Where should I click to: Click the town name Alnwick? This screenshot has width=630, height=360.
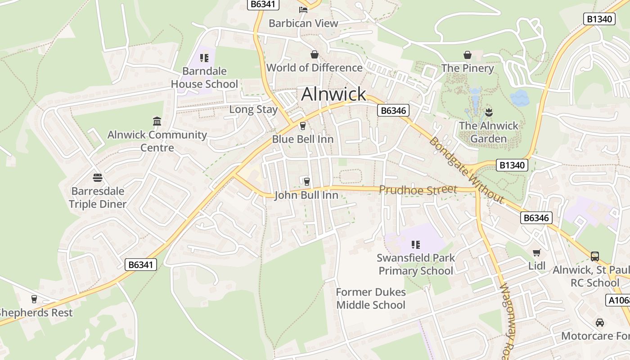click(333, 94)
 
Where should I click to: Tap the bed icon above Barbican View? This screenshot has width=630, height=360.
click(303, 9)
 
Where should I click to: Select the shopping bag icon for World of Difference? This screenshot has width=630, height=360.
click(314, 54)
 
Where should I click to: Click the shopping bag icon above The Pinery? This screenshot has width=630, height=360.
click(468, 55)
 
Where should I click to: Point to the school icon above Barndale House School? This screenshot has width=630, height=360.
click(204, 58)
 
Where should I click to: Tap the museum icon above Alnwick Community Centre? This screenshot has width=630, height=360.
click(157, 121)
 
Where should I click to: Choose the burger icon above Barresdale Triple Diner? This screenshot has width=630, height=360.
click(98, 178)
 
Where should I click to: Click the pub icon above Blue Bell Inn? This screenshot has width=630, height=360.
click(303, 126)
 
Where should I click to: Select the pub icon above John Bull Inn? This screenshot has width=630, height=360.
click(306, 181)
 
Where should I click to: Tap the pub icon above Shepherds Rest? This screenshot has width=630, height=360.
click(34, 299)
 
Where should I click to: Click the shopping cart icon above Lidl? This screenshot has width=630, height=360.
click(536, 252)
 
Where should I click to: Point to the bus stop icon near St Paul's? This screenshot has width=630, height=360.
click(595, 256)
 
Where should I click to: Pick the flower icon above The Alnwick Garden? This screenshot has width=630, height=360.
click(489, 112)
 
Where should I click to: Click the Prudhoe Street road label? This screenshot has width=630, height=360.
click(418, 189)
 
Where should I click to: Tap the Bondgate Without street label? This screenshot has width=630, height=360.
click(466, 170)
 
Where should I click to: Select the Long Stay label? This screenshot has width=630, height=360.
click(253, 109)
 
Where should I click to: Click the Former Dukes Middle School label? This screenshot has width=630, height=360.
click(371, 298)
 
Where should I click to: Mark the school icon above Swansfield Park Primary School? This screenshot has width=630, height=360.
click(416, 245)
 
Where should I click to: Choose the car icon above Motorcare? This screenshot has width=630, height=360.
click(599, 323)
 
